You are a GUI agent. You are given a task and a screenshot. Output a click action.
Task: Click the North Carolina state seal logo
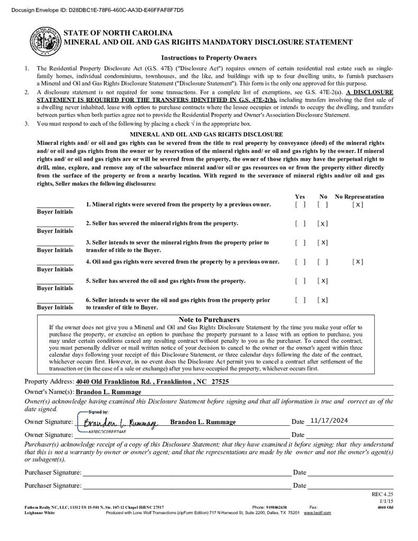[45, 41]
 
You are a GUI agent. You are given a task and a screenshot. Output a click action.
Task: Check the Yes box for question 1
[300, 204]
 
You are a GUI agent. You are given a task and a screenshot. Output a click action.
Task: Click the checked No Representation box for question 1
[358, 204]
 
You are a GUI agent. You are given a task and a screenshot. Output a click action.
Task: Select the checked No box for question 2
[322, 223]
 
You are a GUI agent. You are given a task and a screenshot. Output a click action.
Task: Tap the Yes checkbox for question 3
[300, 242]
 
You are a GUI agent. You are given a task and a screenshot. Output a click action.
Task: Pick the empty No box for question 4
[322, 262]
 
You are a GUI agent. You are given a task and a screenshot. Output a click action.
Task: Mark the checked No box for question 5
[322, 281]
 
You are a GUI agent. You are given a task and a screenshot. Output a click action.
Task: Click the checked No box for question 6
[322, 300]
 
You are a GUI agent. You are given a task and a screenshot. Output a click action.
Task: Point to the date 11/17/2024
[329, 421]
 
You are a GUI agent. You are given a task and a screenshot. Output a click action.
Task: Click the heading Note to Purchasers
[209, 320]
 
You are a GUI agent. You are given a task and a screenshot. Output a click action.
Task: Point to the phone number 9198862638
[276, 507]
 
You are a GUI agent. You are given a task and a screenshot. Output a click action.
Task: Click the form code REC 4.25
[383, 495]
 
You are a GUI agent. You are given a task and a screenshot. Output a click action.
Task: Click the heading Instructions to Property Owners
[209, 58]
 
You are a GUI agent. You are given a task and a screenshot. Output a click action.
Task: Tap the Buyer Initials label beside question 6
[55, 307]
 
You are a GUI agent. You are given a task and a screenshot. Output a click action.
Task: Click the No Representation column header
[359, 197]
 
